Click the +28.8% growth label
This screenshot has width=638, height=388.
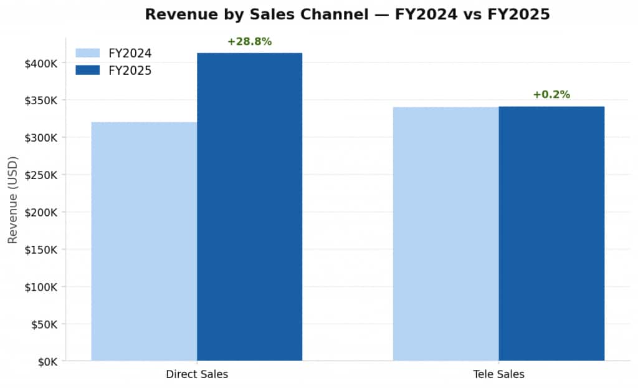point(249,42)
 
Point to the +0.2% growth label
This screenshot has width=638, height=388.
point(551,95)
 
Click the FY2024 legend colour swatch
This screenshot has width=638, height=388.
point(87,53)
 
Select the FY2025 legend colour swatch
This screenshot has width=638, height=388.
point(87,70)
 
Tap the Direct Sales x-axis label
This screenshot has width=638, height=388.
point(197,374)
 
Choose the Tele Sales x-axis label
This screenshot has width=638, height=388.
point(498,374)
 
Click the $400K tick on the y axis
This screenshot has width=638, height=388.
point(41,63)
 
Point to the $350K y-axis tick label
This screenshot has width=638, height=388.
point(41,100)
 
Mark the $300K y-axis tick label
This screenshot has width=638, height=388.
point(41,138)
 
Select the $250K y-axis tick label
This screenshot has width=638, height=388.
point(41,175)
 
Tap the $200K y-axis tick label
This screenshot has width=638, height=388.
point(41,212)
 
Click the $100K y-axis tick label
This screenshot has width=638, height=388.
point(41,287)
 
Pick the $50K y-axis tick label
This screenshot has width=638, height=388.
point(44,324)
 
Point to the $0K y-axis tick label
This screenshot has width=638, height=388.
point(47,362)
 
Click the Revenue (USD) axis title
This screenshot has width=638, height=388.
point(13,200)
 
